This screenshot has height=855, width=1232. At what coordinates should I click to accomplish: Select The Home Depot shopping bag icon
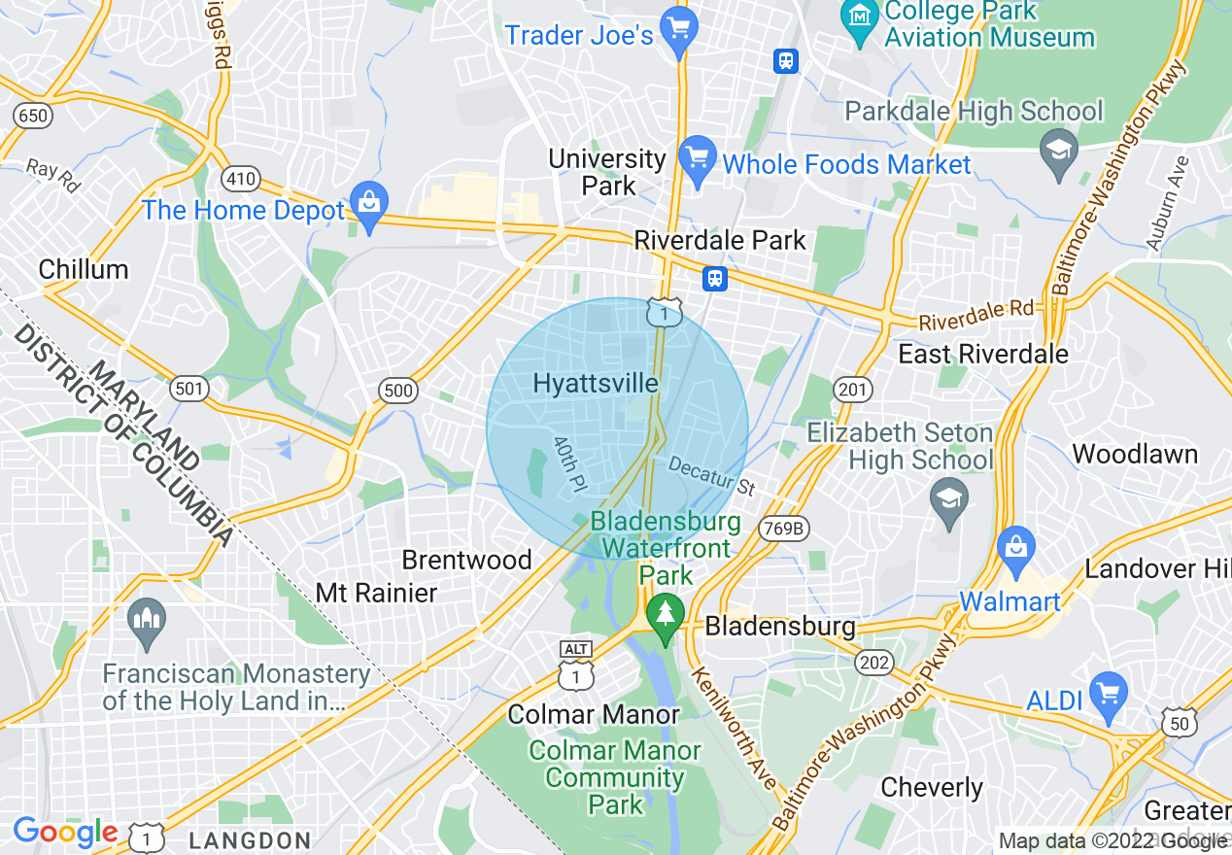(369, 202)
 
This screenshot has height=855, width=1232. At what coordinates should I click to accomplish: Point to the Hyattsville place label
(596, 384)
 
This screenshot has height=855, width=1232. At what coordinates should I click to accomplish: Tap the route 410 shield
(239, 178)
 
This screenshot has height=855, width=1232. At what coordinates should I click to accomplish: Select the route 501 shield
(188, 390)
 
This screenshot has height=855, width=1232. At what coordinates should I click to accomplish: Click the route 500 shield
(398, 391)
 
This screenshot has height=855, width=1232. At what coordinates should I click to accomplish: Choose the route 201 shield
(851, 390)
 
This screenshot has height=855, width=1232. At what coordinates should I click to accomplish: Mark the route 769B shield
(784, 528)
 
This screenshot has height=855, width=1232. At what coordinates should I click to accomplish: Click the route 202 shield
(874, 662)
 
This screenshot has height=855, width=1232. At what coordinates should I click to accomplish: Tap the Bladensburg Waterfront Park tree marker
(666, 615)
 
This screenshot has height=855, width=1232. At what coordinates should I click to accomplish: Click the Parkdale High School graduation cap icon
(1058, 151)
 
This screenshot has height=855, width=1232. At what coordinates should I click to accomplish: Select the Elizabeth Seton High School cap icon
(948, 500)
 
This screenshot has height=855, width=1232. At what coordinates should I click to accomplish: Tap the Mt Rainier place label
(376, 593)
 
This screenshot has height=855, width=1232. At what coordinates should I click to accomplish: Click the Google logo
(65, 832)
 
